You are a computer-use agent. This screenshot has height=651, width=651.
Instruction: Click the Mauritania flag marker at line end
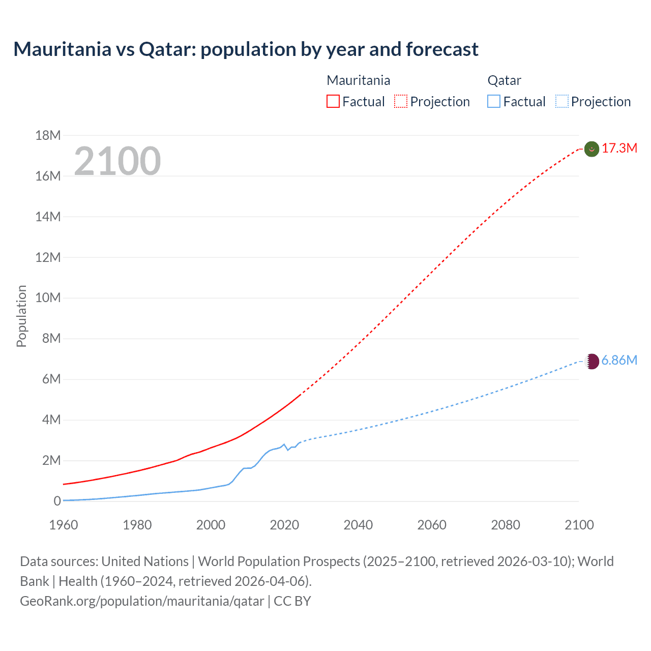tap(591, 149)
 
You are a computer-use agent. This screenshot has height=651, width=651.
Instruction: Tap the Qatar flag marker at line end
tap(591, 361)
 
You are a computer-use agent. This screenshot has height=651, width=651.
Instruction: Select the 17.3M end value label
tap(619, 149)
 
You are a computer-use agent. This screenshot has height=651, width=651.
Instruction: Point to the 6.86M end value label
tap(619, 361)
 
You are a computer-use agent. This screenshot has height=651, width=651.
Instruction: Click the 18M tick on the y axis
tap(48, 135)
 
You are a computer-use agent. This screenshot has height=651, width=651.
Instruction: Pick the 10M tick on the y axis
tap(48, 298)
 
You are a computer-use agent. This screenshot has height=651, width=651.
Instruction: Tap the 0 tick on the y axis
tap(57, 501)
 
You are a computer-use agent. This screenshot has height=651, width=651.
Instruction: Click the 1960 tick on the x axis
tap(64, 525)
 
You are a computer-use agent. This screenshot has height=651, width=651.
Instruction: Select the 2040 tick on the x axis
tap(358, 525)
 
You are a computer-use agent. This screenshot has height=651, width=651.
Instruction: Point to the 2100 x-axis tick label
tap(579, 525)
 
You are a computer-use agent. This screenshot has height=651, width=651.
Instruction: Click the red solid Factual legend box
tap(333, 101)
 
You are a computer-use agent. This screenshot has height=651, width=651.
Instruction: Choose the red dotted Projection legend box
tap(401, 101)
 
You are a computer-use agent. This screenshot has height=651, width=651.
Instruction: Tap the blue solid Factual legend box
tap(494, 101)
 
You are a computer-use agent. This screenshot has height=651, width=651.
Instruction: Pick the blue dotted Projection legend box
tap(562, 101)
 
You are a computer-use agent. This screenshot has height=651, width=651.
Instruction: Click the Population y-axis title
tap(21, 316)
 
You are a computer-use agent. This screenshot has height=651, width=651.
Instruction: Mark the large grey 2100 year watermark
tap(117, 161)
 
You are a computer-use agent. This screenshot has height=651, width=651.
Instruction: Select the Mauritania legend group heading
tap(359, 80)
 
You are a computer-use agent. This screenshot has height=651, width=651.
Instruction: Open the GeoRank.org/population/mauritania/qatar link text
tap(142, 601)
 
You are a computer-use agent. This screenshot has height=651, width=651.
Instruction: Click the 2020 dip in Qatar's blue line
tap(288, 450)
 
